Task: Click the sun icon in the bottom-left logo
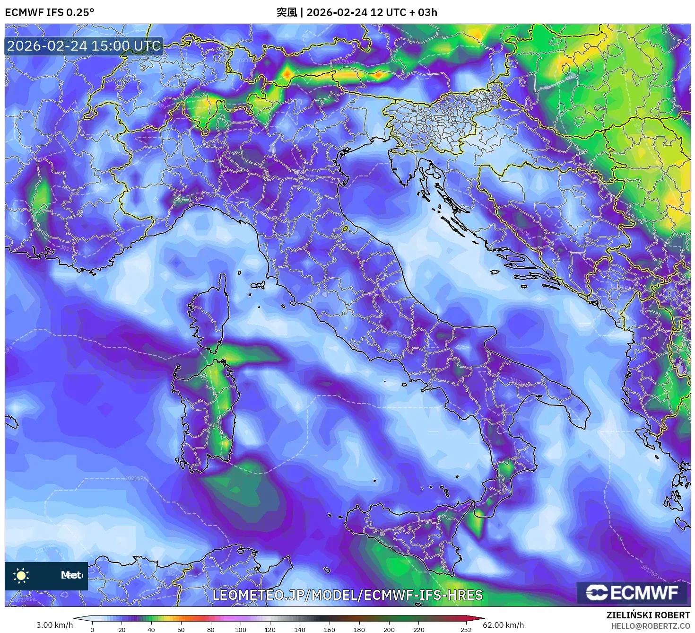coord(21,575)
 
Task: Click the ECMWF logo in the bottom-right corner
coord(632,592)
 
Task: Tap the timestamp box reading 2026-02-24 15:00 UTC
coord(84,46)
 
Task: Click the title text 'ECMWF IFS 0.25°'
coord(49,12)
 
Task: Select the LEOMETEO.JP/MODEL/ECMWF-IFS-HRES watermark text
coord(347,595)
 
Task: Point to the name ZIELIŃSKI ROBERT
coord(648,615)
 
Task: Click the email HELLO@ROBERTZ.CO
coord(651,625)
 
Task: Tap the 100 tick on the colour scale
coord(241,629)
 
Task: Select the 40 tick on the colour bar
coord(151,629)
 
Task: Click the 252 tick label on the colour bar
coord(466,629)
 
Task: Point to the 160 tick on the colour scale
coord(330,629)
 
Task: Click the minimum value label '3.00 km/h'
coord(54,625)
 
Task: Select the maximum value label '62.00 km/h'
coord(503,625)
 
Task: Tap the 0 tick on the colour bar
coord(92,629)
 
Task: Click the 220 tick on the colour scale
coord(418,629)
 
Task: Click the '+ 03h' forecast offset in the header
coord(423,12)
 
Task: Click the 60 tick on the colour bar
coord(181,629)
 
